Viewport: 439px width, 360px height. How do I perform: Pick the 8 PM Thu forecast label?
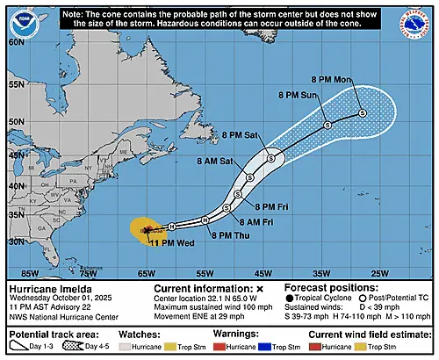tap(229, 235)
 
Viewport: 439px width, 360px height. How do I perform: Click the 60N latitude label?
tap(16, 40)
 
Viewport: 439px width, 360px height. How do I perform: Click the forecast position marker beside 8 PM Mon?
tap(361, 114)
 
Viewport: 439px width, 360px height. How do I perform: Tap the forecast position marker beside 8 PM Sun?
tap(327, 126)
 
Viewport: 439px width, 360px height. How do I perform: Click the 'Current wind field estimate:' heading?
tap(362, 335)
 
